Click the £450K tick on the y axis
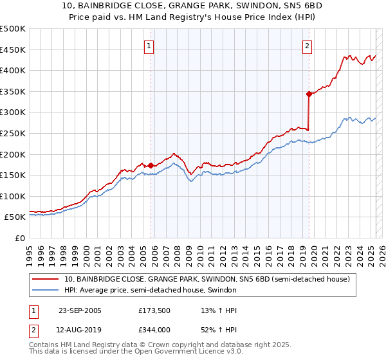(x=13, y=50)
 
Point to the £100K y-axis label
(x=13, y=196)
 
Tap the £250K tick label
(x=13, y=133)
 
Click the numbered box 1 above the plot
(x=149, y=46)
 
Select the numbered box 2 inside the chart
(x=307, y=46)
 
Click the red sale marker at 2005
(x=151, y=165)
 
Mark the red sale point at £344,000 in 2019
(x=309, y=94)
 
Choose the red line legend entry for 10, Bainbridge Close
(x=206, y=279)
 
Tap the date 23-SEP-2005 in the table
(x=80, y=310)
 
